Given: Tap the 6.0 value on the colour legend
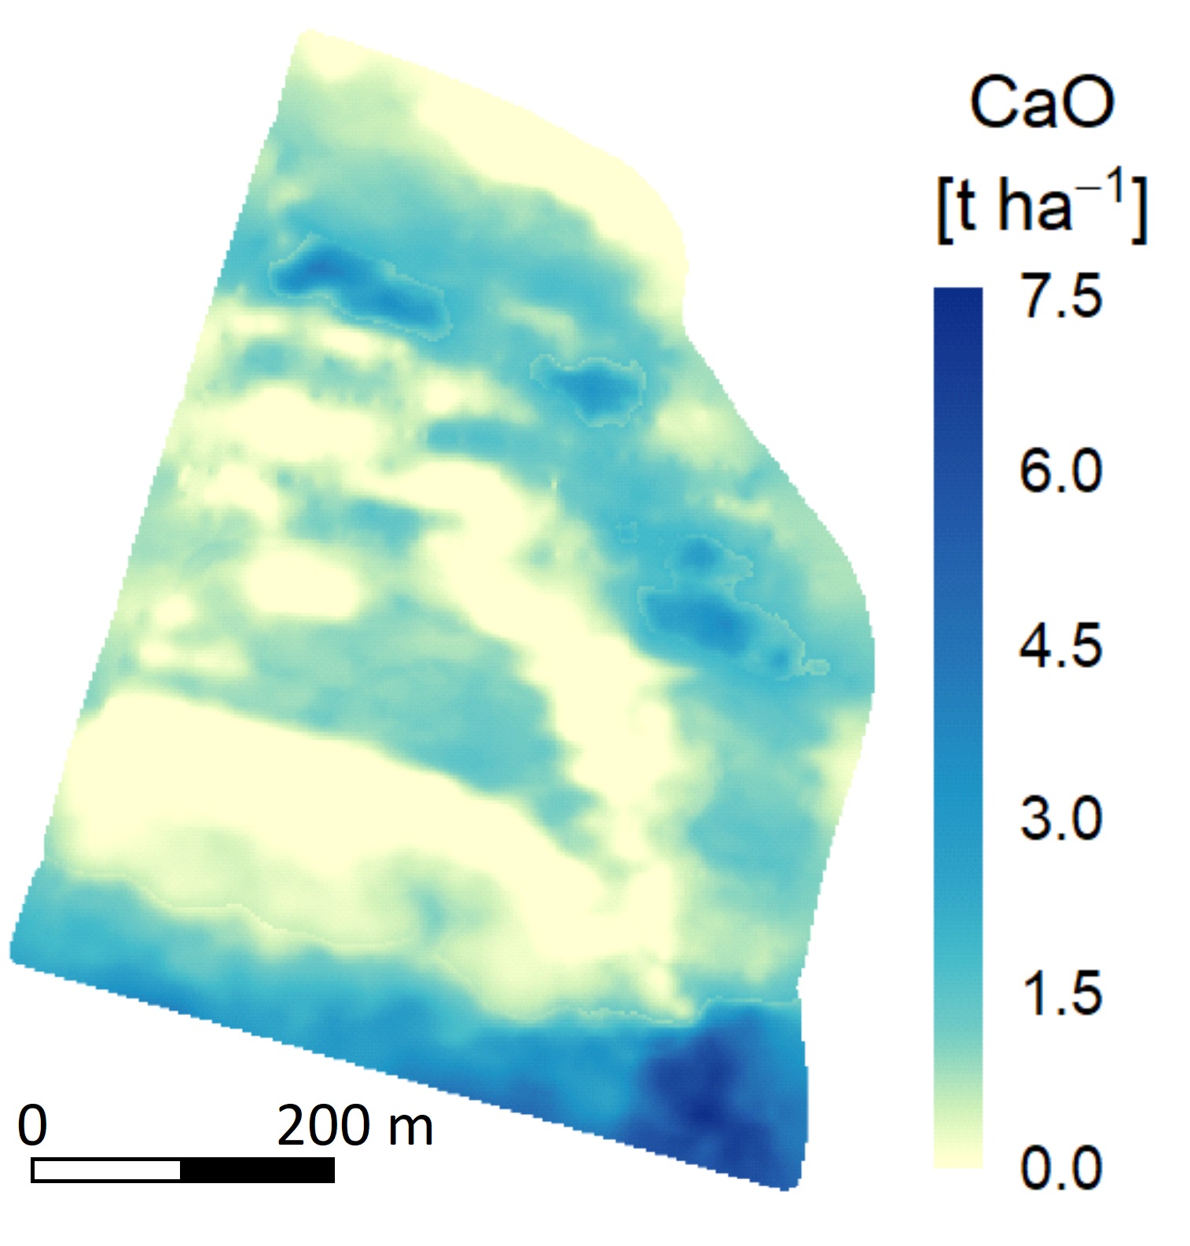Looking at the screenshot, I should (x=1060, y=471).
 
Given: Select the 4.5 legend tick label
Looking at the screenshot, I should (x=1060, y=646).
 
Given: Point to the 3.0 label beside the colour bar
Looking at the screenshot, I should (x=1060, y=819).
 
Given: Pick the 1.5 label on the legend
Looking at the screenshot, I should (x=1060, y=993).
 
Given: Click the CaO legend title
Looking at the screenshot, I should (x=1041, y=105).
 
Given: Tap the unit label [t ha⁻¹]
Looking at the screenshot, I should (x=1041, y=209).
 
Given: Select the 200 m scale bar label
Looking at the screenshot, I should (x=354, y=1125).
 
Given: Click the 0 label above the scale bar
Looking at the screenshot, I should (x=32, y=1125).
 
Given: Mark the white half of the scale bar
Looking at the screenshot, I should (x=106, y=1170).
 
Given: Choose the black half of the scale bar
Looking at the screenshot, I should (x=258, y=1170).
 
